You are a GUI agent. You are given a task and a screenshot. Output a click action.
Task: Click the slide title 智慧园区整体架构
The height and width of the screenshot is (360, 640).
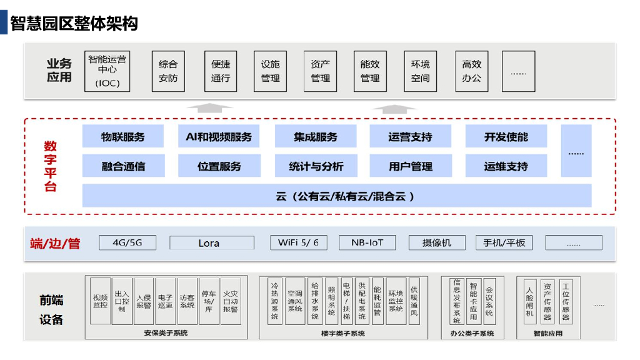pyautogui.click(x=74, y=24)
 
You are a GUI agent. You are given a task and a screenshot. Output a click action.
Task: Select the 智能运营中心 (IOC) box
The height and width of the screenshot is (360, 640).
pyautogui.click(x=107, y=71)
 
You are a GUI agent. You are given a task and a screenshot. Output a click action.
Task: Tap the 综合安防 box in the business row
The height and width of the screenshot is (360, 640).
pyautogui.click(x=168, y=71)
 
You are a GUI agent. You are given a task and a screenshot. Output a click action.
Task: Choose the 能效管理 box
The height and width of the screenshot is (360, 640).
pyautogui.click(x=370, y=71)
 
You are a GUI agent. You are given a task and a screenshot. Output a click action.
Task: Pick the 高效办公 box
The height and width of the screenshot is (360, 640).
pyautogui.click(x=471, y=71)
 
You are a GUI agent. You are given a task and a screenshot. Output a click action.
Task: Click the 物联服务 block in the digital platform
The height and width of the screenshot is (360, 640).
pyautogui.click(x=123, y=137)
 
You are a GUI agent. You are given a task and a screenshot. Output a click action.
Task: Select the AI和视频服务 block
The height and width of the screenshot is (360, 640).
pyautogui.click(x=219, y=137)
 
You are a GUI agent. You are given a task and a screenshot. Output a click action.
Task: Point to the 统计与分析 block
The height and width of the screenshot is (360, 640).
pyautogui.click(x=316, y=166)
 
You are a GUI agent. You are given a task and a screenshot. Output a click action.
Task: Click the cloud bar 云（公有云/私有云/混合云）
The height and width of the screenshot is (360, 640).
pyautogui.click(x=337, y=196)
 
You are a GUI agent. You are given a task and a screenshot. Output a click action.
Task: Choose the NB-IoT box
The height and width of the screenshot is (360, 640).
pyautogui.click(x=367, y=242)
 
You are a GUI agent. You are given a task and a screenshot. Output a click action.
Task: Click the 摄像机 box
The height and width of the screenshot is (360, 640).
pyautogui.click(x=436, y=242)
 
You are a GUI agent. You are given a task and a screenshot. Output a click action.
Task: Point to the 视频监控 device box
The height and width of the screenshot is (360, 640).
pyautogui.click(x=100, y=301)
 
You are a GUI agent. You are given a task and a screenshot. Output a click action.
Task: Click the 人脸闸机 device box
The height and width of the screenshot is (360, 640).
pyautogui.click(x=529, y=301)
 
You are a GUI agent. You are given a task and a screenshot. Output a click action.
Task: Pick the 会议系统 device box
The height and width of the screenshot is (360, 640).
pyautogui.click(x=489, y=301)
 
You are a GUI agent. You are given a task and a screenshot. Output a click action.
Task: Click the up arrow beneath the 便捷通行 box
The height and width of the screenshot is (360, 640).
pyautogui.click(x=210, y=107)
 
